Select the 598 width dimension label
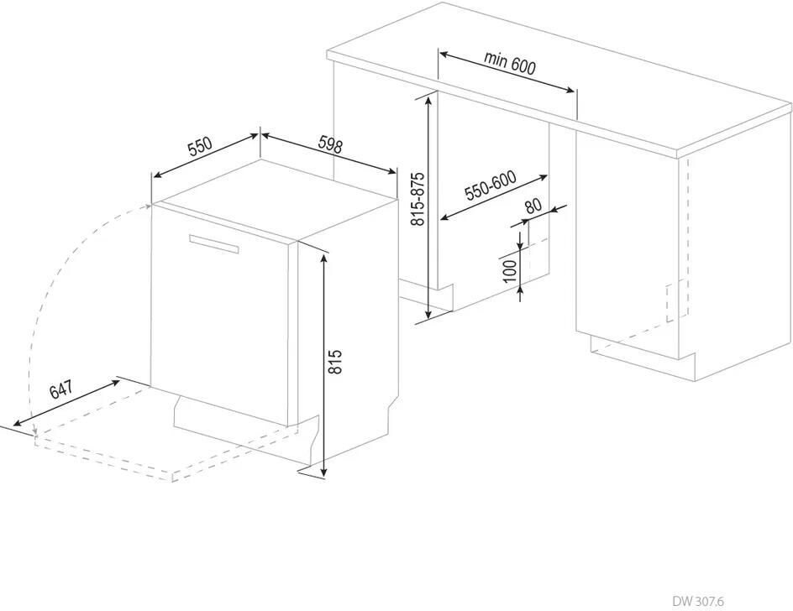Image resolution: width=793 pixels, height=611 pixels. pos(330,145)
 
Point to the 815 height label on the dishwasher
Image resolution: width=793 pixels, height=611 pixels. pos(335,362)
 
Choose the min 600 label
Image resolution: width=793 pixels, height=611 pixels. pos(509,62)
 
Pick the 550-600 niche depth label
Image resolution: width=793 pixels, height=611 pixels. pos(491,185)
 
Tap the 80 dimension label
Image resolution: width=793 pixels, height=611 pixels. pos(533,206)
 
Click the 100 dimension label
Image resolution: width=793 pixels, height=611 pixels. pos(511,271)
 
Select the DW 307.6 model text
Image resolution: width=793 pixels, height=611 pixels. pos(698,601)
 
